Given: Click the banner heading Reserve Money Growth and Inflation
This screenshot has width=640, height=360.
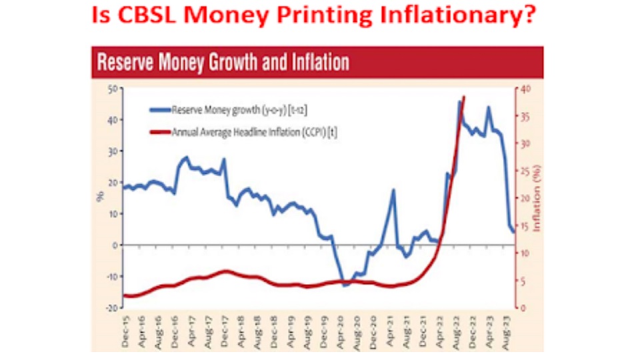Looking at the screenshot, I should click(x=223, y=63).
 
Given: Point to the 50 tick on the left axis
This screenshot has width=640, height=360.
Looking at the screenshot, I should click(x=112, y=89).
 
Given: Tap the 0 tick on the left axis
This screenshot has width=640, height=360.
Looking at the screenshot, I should click(x=115, y=245).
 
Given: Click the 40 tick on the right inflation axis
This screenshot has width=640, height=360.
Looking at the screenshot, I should click(x=526, y=89).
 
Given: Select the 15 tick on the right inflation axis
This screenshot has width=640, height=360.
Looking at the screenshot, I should click(x=525, y=225).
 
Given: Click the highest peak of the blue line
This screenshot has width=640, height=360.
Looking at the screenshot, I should click(x=459, y=101).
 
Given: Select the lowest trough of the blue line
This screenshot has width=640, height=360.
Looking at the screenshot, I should click(x=345, y=285).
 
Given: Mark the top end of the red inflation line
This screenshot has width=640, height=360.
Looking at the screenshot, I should click(x=464, y=97).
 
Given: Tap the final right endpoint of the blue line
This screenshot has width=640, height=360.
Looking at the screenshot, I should click(x=513, y=231).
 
